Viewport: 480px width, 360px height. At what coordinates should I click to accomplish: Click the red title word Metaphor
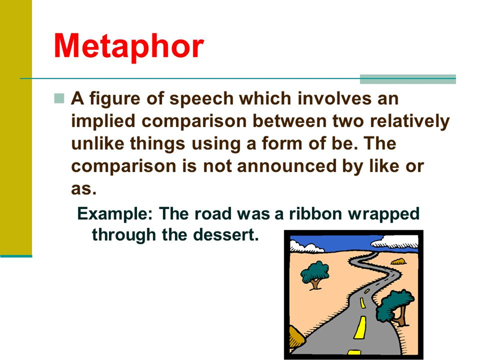[129, 46]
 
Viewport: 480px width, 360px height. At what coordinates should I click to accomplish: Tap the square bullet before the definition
[59, 98]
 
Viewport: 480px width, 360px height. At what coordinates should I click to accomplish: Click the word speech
[201, 99]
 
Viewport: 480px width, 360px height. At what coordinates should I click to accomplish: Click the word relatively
[410, 122]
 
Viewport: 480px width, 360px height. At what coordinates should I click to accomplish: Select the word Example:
[115, 214]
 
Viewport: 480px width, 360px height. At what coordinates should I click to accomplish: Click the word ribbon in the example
[315, 213]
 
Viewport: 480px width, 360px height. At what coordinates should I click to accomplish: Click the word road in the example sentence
[213, 213]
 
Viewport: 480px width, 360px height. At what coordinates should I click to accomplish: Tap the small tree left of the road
[315, 275]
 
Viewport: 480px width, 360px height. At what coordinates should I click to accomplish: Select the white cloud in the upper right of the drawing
[395, 242]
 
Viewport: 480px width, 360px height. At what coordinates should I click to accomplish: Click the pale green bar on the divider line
[408, 79]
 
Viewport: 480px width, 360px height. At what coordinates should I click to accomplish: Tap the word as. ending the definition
[84, 189]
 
